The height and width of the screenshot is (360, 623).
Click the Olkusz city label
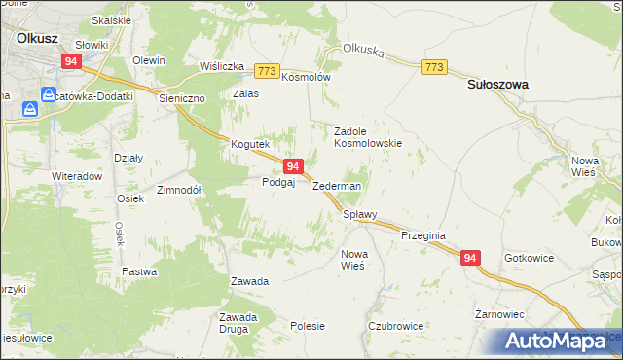38,38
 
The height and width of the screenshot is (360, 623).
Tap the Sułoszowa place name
497,85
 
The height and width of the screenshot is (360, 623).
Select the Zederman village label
337,186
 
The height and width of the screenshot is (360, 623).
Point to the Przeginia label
422,235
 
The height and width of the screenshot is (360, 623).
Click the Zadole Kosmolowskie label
368,136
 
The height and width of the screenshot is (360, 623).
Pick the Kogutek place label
248,144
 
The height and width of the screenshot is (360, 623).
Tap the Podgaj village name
278,182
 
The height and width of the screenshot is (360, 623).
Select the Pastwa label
139,271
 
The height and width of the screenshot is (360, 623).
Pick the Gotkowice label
530,258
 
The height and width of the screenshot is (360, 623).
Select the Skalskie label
111,20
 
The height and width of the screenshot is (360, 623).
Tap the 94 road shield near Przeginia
470,258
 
